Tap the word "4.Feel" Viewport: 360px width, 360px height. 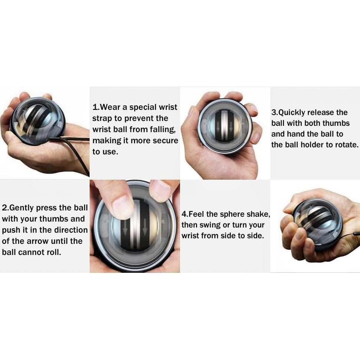[193, 214]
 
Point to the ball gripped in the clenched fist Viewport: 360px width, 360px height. [315, 225]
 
